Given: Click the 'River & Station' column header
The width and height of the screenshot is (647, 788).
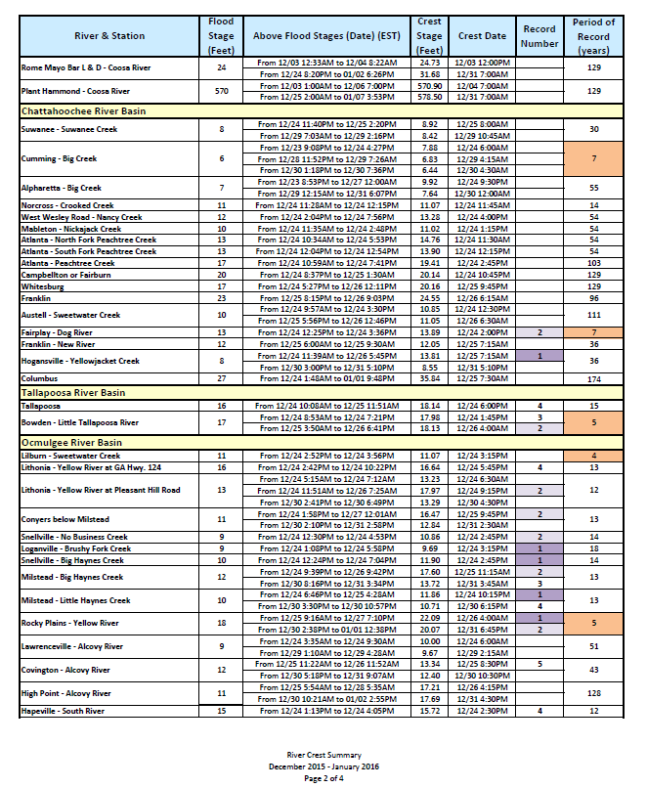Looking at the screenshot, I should (109, 36).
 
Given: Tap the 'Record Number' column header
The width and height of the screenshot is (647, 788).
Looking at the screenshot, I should (539, 36).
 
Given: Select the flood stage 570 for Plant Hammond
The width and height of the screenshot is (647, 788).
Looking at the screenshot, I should (221, 91).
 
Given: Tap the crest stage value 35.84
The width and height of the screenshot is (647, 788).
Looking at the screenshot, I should (429, 378).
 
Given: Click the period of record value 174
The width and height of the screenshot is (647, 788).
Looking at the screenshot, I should (593, 378).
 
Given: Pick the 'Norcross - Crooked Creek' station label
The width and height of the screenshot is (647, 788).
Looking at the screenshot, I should (67, 206).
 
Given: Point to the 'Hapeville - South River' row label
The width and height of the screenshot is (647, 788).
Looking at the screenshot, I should (63, 711).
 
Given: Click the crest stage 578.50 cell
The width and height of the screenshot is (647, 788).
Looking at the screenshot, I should (429, 97).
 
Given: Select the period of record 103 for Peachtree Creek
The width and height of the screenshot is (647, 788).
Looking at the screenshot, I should (593, 264).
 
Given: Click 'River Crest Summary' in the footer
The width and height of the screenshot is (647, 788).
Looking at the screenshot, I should (323, 755).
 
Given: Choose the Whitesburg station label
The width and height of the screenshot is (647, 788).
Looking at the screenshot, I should (44, 286).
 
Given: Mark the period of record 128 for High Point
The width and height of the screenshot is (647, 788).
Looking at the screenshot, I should (593, 693).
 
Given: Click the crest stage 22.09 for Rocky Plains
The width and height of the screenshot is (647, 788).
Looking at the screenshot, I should (429, 619).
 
